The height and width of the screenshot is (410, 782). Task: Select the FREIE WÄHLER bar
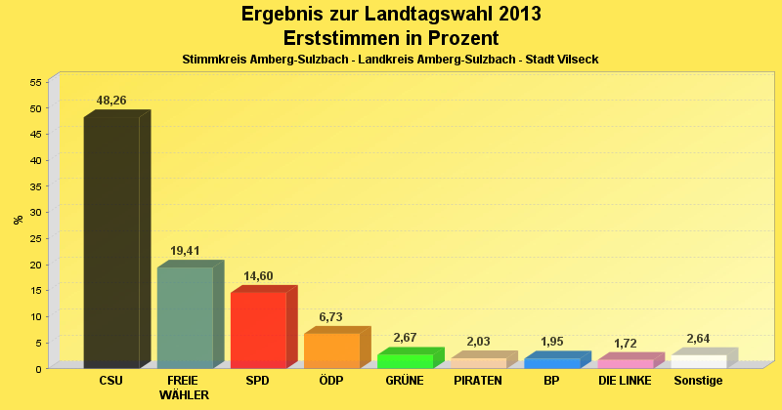[x=185, y=317]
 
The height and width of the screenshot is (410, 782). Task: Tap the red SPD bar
[x=258, y=330]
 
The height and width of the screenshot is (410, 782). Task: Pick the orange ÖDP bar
[x=331, y=350]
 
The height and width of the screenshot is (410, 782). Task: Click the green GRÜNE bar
[x=405, y=361]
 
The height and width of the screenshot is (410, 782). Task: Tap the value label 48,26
[x=111, y=101]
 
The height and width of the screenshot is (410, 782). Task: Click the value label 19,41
[x=185, y=251]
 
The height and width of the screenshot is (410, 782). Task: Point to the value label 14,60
[x=258, y=276]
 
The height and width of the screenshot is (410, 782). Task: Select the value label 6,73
[x=331, y=317]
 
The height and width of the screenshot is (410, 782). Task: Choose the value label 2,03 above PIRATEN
[x=479, y=342]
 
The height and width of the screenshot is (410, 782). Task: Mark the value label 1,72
[x=626, y=344]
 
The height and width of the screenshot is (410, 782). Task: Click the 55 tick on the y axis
[x=34, y=83]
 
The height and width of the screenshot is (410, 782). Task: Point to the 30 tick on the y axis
[x=34, y=213]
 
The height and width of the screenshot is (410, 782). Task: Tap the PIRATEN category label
[x=478, y=381]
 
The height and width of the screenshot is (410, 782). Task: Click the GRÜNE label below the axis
[x=405, y=381]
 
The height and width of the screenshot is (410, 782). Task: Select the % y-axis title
[x=19, y=220]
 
